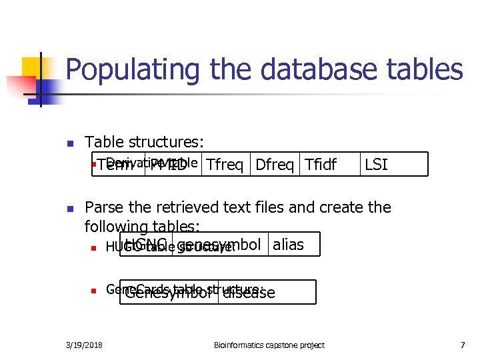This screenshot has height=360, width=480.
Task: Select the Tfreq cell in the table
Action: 225,165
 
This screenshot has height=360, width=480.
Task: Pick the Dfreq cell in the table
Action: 275,165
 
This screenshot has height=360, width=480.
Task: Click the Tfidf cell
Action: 321,165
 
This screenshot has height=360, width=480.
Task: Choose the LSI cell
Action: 376,165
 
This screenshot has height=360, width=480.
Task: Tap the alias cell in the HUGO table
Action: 288,245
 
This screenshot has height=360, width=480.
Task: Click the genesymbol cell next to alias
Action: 220,245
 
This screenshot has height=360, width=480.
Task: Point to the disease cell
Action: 248,293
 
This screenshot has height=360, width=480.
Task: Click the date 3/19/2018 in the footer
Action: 85,345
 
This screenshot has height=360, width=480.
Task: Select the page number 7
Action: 462,345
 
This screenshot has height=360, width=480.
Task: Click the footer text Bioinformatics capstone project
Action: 269,345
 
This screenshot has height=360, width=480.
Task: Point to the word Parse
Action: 104,207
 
